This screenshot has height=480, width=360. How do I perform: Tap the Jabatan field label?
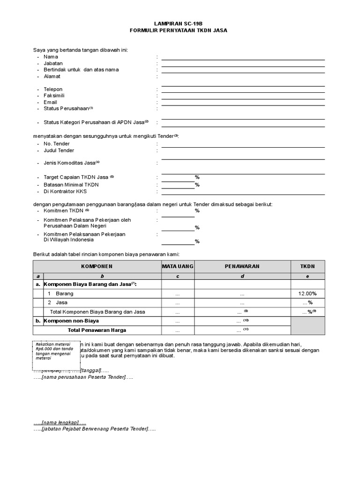[53, 63]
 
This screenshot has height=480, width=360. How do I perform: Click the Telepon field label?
[53, 89]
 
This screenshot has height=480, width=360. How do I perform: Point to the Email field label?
[50, 102]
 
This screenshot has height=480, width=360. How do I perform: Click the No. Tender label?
[56, 144]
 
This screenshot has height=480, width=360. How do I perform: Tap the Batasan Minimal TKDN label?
[71, 185]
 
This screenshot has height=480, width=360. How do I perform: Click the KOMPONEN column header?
[97, 266]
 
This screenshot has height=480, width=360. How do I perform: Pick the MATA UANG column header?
[178, 266]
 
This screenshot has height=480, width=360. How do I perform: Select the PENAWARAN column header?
[242, 266]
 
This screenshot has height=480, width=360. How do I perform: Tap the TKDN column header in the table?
[307, 266]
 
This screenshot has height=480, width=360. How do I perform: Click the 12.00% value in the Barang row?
[307, 293]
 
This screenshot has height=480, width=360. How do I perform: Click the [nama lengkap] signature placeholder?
[60, 422]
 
